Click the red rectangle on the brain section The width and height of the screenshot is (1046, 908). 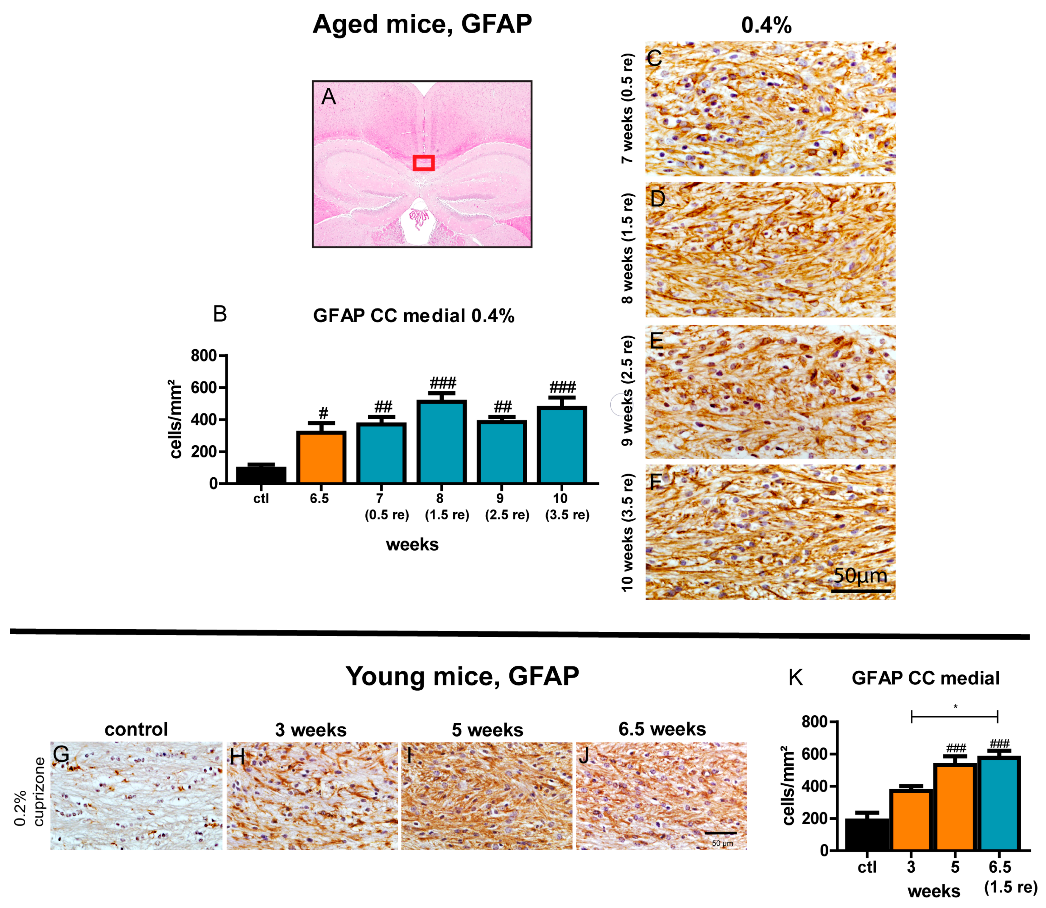(423, 162)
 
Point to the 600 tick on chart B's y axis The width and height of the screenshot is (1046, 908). (204, 388)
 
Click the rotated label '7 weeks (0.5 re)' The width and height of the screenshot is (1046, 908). (627, 108)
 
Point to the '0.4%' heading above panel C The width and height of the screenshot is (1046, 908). (766, 25)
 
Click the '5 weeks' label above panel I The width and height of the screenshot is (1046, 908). (487, 730)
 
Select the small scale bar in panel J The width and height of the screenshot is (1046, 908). (720, 833)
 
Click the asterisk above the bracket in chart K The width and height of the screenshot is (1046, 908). (955, 706)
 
